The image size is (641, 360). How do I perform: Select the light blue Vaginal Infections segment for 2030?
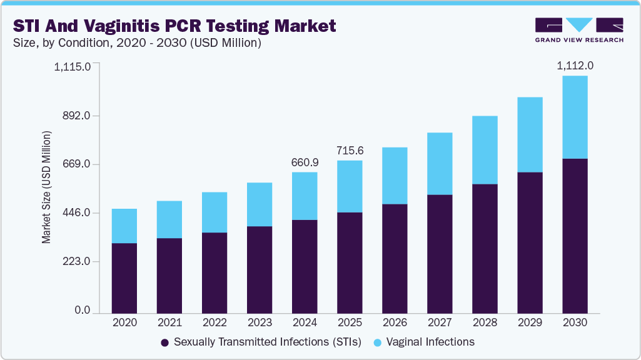click(x=575, y=117)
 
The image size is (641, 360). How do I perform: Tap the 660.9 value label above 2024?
click(x=305, y=162)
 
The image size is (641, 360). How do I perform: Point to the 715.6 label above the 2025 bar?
click(x=350, y=151)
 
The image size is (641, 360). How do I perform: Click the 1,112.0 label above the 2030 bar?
click(x=575, y=66)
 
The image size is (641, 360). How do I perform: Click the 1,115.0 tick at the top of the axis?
click(x=73, y=66)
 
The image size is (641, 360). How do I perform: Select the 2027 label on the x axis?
click(x=440, y=323)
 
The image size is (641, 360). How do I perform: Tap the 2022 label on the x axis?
click(x=215, y=323)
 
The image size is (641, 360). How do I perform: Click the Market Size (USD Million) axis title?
click(x=47, y=187)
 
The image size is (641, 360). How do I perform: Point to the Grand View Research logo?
click(x=579, y=30)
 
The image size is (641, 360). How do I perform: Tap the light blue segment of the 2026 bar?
click(x=395, y=176)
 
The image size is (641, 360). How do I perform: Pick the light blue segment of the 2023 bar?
click(x=260, y=204)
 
